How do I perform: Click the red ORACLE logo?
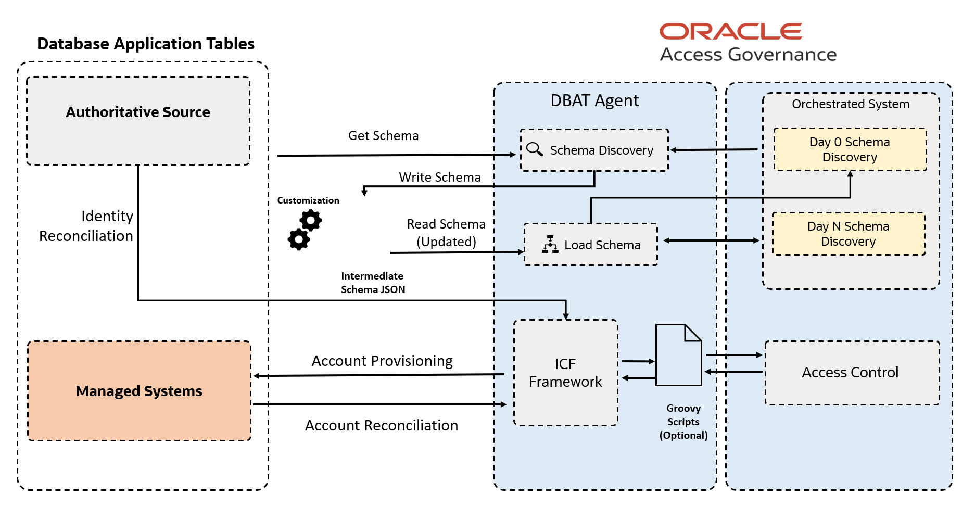click(730, 32)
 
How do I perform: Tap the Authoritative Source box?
click(138, 120)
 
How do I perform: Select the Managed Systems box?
click(139, 391)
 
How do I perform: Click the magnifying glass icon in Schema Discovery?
click(534, 149)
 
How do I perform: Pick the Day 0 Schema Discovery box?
click(850, 149)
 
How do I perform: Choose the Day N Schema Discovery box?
click(848, 234)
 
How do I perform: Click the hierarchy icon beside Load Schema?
click(550, 244)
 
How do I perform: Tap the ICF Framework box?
click(565, 373)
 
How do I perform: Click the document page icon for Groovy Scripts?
click(678, 355)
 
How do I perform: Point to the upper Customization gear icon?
click(311, 220)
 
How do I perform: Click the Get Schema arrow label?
click(383, 136)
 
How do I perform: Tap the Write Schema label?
click(439, 178)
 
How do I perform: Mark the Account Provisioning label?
click(382, 361)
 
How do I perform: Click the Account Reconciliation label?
click(381, 426)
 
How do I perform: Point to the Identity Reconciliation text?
click(86, 226)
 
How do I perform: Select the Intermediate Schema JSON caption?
click(373, 283)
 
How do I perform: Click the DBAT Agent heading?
click(594, 100)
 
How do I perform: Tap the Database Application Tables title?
click(146, 44)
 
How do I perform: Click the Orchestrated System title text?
click(850, 104)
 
